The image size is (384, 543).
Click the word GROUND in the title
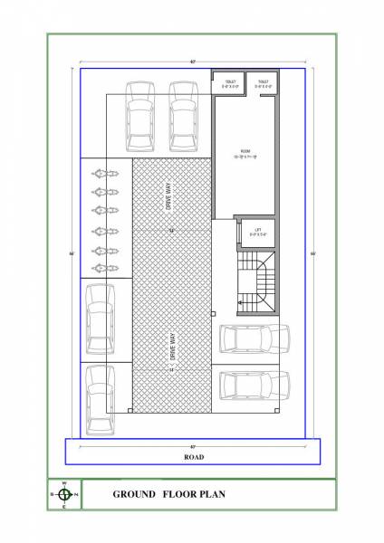click(132, 495)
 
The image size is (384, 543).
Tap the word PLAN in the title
click(209, 495)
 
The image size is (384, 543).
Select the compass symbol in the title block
click(64, 494)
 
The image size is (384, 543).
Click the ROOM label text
click(245, 152)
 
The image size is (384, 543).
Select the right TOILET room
click(263, 84)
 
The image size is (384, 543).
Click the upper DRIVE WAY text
click(169, 196)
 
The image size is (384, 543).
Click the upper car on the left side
click(98, 321)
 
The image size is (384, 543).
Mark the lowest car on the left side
click(98, 398)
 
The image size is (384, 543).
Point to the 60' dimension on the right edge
click(312, 252)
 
